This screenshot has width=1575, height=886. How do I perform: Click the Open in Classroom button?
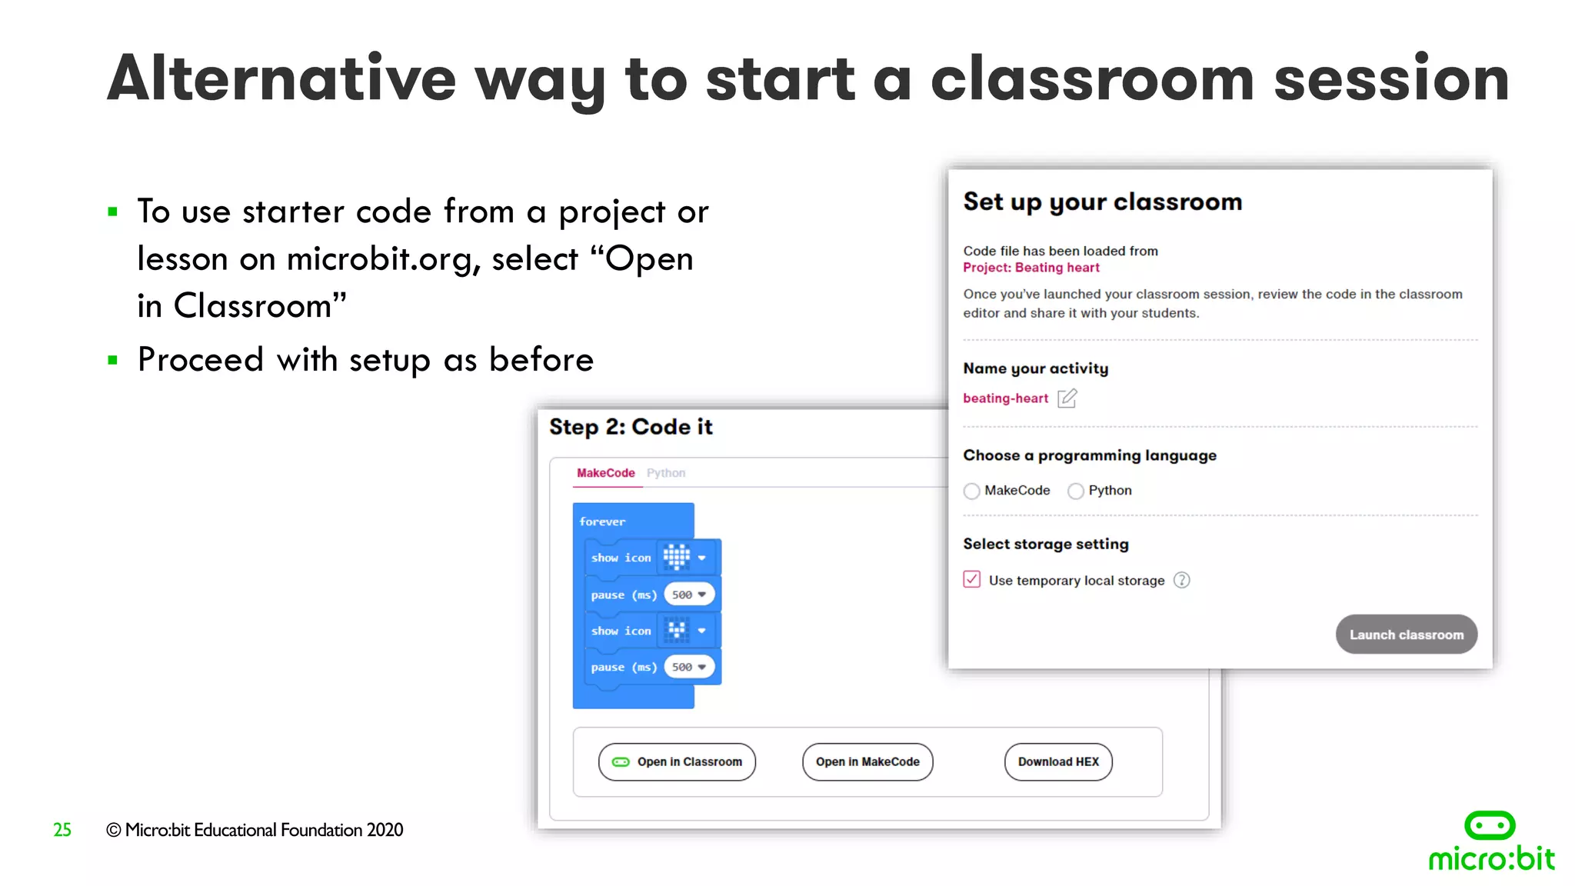pos(677,761)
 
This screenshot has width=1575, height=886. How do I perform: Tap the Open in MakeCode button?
pos(867,761)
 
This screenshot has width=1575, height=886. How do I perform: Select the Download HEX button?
pos(1058,761)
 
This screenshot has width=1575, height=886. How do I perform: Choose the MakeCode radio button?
pos(972,491)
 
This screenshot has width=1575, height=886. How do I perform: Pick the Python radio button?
pos(1076,491)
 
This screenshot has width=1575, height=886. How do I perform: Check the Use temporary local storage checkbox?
pos(972,580)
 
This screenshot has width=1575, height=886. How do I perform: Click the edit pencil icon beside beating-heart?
pos(1067,398)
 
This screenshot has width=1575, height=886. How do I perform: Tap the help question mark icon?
pos(1182,580)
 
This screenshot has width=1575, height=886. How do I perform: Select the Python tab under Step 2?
pos(666,473)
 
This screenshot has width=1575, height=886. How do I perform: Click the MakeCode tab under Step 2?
pos(606,473)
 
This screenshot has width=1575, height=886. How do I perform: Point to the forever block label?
pos(602,521)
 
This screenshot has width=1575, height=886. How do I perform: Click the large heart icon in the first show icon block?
pos(677,557)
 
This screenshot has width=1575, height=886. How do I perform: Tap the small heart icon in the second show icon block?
pos(677,631)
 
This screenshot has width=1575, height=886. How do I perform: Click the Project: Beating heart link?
pos(1031,268)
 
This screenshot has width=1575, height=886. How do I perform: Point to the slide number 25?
pos(62,830)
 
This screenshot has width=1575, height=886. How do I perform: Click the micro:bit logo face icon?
pos(1490,825)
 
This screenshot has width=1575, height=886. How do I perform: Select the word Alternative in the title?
pos(281,79)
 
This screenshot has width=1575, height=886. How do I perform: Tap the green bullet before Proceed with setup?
pos(113,360)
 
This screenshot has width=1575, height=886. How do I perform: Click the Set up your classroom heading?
pos(1102,202)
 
